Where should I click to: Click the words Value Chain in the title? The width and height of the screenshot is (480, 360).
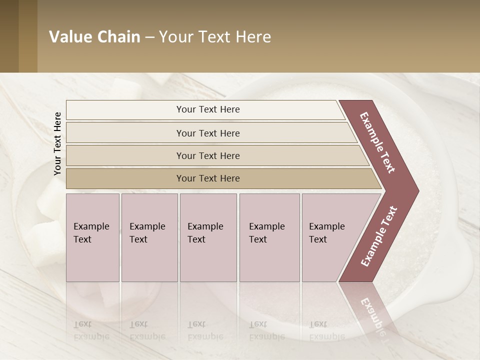[94, 37]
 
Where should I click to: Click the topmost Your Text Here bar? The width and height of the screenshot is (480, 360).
[207, 109]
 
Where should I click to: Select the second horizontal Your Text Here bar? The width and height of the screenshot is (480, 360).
[207, 133]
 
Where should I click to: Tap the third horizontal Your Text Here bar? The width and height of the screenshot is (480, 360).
[207, 155]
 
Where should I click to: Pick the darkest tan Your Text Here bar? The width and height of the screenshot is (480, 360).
[207, 178]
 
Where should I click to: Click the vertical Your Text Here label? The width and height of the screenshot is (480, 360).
[57, 143]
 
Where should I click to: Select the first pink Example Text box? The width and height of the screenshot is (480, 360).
[92, 237]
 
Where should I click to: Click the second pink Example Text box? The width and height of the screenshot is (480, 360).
[149, 237]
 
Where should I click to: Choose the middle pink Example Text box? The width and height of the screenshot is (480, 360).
[208, 237]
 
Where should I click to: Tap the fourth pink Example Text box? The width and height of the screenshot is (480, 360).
[269, 237]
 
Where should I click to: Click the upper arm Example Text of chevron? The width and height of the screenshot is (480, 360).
[378, 142]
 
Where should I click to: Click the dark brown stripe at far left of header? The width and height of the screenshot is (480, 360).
[9, 36]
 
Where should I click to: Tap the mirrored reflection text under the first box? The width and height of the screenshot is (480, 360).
[91, 330]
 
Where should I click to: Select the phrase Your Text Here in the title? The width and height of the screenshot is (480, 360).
[215, 37]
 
